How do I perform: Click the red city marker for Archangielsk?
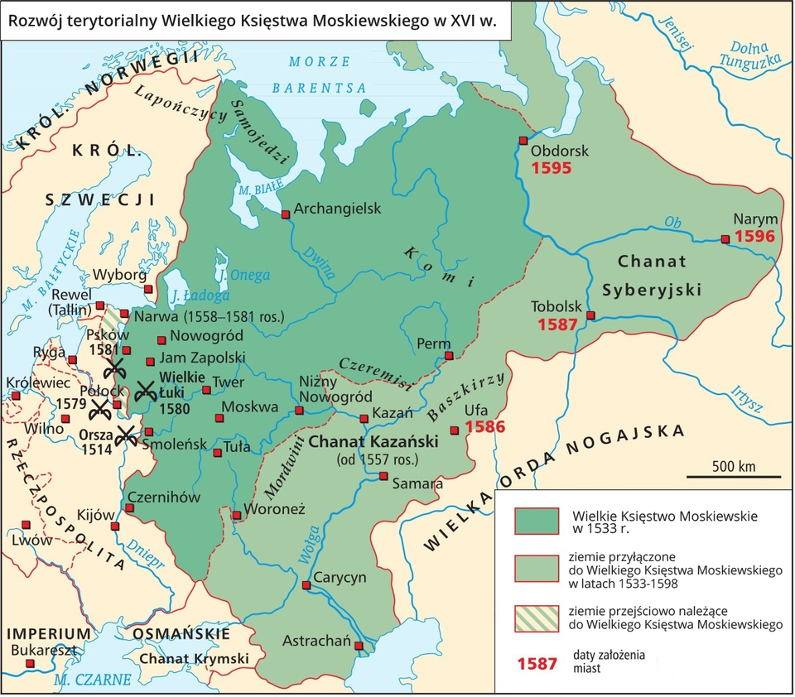click(286, 214)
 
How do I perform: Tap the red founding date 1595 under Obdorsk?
click(551, 167)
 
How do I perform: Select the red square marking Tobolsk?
click(590, 315)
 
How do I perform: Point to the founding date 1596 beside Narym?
click(754, 237)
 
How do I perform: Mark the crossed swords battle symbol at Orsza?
click(127, 435)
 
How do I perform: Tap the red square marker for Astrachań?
click(359, 646)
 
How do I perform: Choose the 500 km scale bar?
click(733, 477)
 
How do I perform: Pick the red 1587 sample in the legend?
click(537, 664)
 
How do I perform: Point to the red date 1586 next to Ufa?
click(485, 428)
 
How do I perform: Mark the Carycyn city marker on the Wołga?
click(306, 585)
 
